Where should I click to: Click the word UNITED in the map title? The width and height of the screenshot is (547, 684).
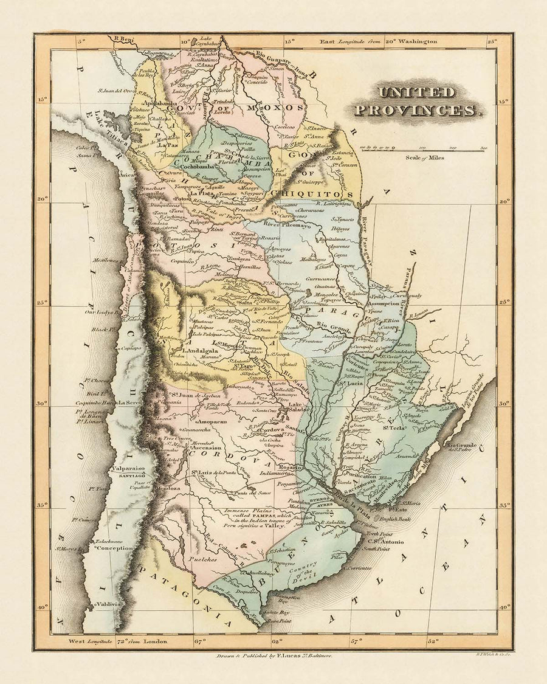point(416,92)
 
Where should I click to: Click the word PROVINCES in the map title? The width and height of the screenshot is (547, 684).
point(416,110)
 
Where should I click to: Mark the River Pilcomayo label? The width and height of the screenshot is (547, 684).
point(287,225)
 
